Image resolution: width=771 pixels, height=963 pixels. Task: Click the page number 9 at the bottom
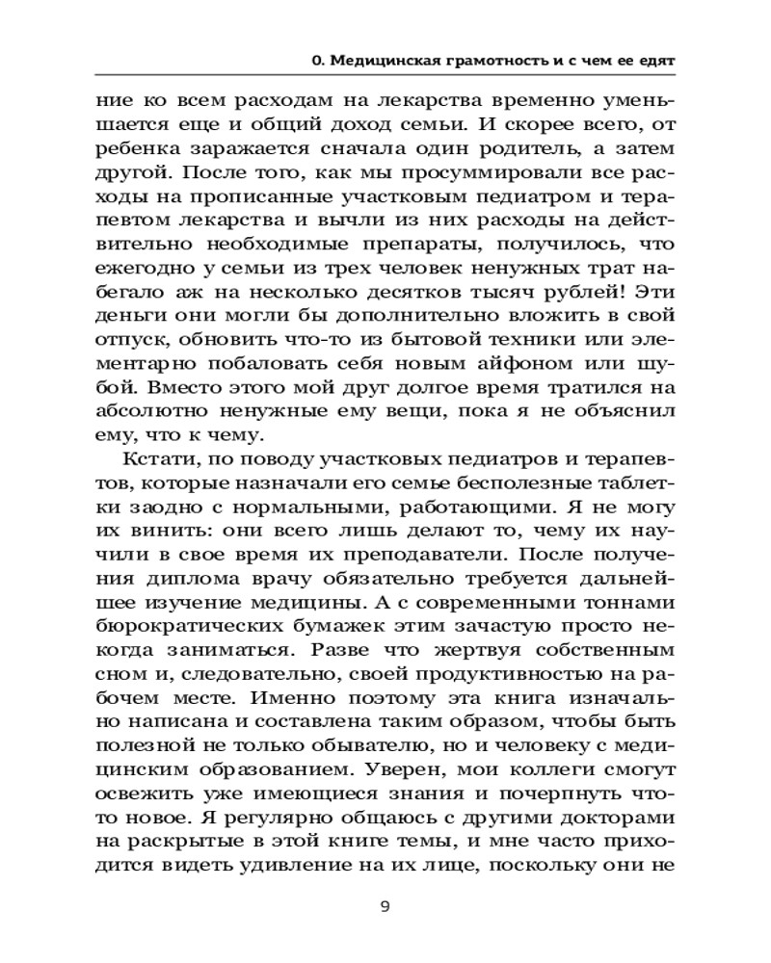pos(385,906)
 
